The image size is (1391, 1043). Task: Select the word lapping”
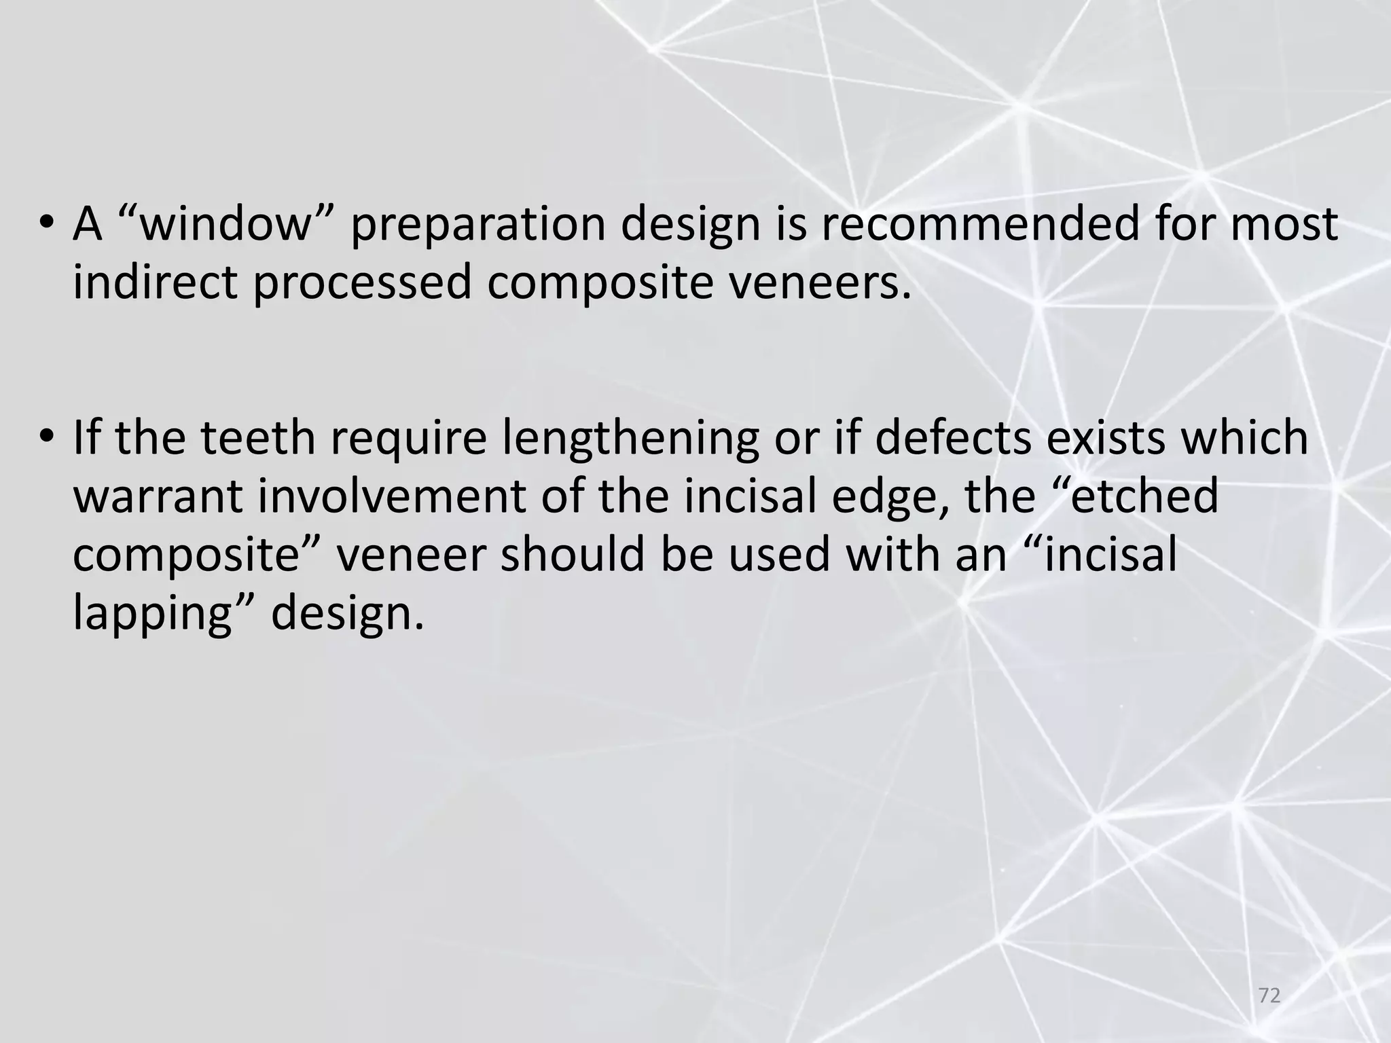click(x=163, y=613)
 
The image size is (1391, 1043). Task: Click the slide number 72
click(x=1269, y=996)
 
